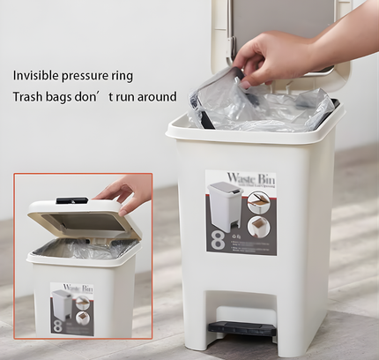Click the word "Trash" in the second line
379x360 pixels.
(29, 97)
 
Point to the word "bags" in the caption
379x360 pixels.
(69, 97)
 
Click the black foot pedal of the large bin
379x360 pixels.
(241, 330)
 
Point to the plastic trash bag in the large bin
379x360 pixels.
(264, 106)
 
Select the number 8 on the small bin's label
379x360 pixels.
(56, 324)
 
